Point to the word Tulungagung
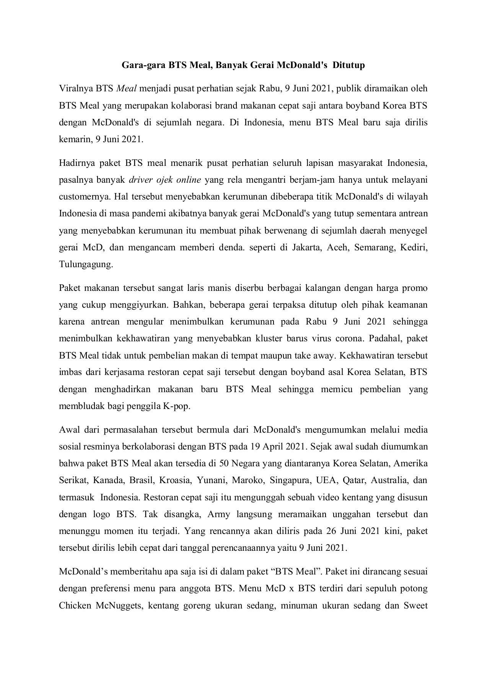(x=86, y=264)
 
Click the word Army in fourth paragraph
(x=219, y=514)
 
